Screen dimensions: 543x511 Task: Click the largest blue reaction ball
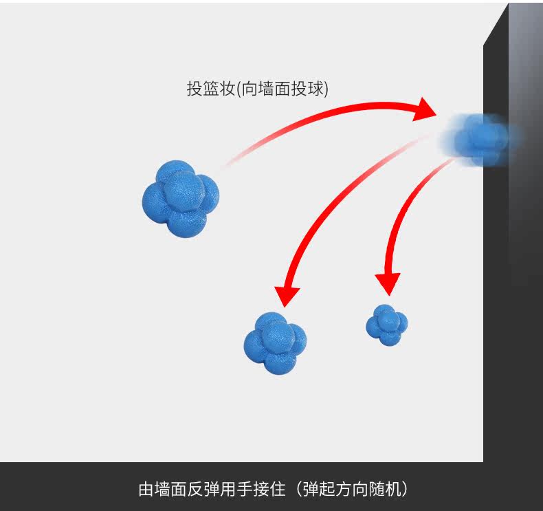pyautogui.click(x=180, y=198)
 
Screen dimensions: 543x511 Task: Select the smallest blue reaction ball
pyautogui.click(x=387, y=324)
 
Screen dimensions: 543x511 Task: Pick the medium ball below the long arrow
pyautogui.click(x=275, y=343)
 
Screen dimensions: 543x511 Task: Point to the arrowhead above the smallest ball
pyautogui.click(x=388, y=281)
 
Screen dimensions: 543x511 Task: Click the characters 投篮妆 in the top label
pyautogui.click(x=210, y=89)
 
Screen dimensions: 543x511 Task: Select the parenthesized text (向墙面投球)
pyautogui.click(x=282, y=89)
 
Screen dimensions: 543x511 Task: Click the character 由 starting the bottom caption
pyautogui.click(x=146, y=490)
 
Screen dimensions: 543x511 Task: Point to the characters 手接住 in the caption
pyautogui.click(x=262, y=490)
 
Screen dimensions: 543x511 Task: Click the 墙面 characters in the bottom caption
pyautogui.click(x=172, y=490)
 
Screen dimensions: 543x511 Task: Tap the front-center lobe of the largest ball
pyautogui.click(x=183, y=193)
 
